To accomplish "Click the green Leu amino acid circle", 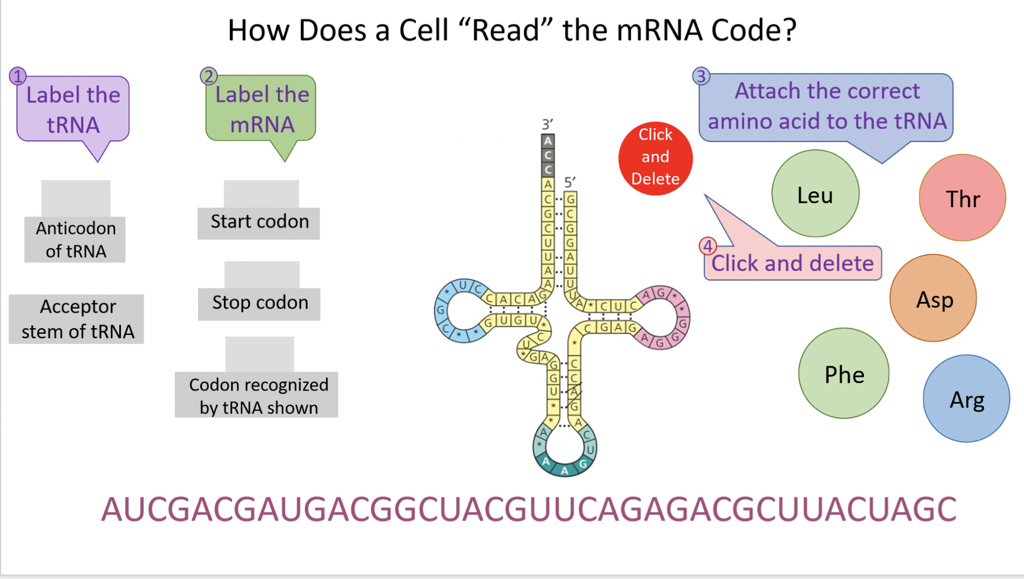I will [815, 194].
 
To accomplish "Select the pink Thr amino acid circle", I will [962, 198].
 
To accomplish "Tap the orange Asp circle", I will [933, 298].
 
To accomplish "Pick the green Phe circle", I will [843, 374].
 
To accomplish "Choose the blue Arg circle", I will [966, 398].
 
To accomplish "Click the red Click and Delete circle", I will [655, 158].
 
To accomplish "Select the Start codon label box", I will [259, 223].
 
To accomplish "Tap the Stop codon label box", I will [259, 304].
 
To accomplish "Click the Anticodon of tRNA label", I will [75, 240].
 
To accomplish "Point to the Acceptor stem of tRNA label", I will [77, 319].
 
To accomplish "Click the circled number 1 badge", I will [18, 76].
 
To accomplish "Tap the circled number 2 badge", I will [208, 75].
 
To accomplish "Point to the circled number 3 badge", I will [701, 75].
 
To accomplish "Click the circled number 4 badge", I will [707, 246].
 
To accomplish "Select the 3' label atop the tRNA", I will [547, 124].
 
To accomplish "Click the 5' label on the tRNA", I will [570, 182].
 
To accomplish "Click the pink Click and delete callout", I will [792, 263].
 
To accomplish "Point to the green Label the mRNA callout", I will [261, 109].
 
